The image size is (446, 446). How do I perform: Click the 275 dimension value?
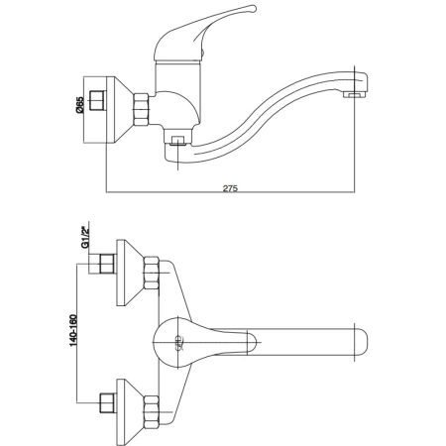230,188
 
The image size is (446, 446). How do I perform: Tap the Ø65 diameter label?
80,105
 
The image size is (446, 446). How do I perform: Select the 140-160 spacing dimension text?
73,330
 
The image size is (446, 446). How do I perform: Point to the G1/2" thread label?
85,237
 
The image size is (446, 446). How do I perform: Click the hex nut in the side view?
141,109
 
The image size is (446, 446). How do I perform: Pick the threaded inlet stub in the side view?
98,100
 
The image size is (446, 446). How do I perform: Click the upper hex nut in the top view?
152,273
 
